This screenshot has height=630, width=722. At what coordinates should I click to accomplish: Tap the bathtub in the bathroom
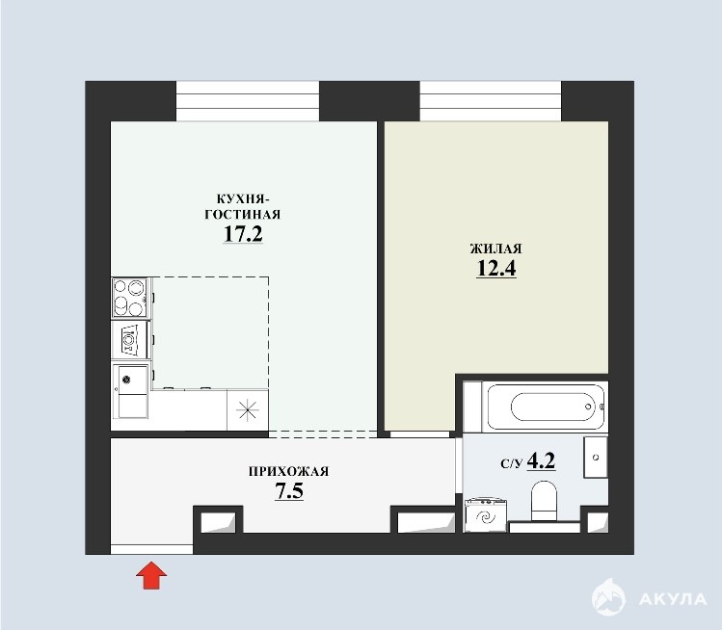point(546,407)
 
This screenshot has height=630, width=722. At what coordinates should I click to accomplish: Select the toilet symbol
point(544,501)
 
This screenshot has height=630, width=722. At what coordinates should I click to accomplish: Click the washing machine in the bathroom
point(486,514)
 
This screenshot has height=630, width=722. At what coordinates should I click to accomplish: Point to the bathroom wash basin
point(596,457)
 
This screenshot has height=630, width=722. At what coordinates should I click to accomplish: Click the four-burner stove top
point(130,297)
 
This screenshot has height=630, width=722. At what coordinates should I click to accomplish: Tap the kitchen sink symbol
point(130,391)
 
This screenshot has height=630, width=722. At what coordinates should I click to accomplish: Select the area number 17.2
point(243,234)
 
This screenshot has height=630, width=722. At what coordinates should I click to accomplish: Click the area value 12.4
point(495,269)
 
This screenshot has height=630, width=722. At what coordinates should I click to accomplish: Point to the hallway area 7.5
point(289,491)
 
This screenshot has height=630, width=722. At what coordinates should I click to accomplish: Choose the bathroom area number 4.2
point(541,460)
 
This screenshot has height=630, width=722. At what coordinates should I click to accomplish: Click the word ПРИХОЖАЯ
point(289,472)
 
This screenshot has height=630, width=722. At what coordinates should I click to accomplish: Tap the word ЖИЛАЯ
point(495,249)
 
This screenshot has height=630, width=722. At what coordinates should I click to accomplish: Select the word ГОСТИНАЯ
point(243,215)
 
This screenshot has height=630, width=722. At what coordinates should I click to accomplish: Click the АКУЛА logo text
point(673,599)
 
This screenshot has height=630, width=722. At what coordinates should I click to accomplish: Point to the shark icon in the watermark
point(608,597)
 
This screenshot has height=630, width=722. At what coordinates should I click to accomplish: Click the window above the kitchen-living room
point(248,101)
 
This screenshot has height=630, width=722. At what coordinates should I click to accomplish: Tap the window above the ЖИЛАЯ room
point(491,101)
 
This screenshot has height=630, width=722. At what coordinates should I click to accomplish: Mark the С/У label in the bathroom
point(512,463)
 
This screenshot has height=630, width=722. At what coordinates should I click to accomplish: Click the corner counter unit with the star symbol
point(248,410)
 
